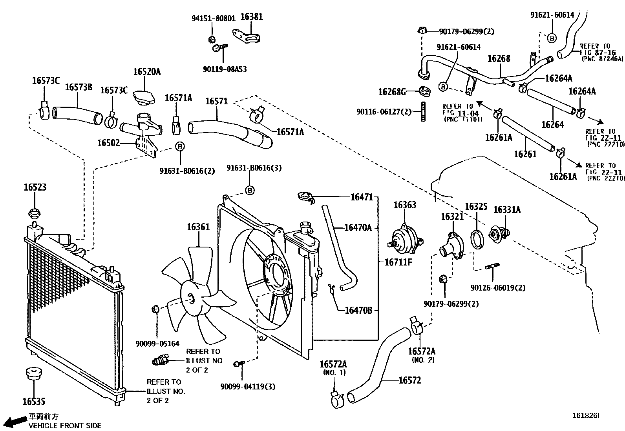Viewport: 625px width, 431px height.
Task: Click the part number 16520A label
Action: tap(147, 72)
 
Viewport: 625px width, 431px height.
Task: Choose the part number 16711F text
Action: tap(398, 262)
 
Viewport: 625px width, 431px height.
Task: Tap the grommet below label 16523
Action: tap(35, 214)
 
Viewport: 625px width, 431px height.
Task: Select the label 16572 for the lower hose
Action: tap(409, 380)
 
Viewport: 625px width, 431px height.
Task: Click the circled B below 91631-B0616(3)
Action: tap(250, 191)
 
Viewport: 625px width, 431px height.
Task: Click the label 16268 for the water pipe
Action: tap(499, 59)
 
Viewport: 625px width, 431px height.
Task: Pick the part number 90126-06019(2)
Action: tap(498, 288)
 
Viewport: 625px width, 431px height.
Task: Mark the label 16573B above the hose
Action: tap(79, 87)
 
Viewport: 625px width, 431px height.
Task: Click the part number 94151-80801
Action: tap(213, 18)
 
